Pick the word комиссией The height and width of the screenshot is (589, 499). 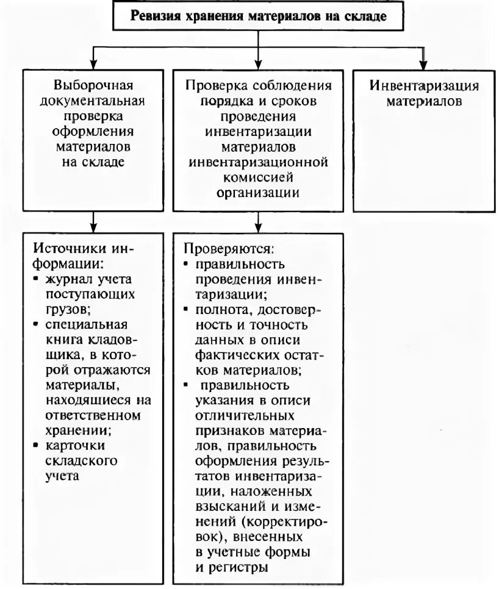(x=257, y=177)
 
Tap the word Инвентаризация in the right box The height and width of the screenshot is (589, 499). (x=424, y=85)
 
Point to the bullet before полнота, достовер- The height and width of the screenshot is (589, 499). (x=185, y=310)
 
